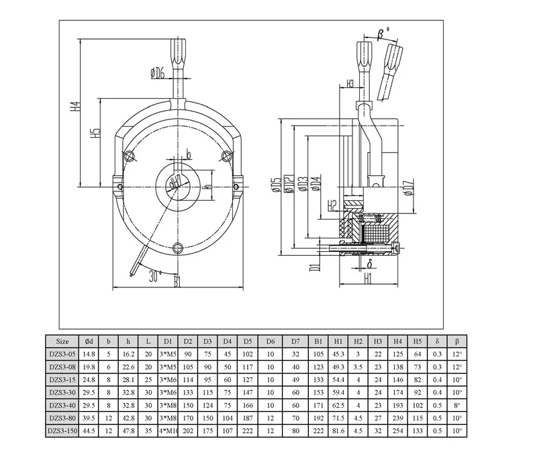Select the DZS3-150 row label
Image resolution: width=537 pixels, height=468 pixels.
62,430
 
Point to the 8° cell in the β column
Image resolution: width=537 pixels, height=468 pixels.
457,404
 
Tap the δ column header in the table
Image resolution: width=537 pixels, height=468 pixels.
437,341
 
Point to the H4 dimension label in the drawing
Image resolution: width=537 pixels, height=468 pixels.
76,107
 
